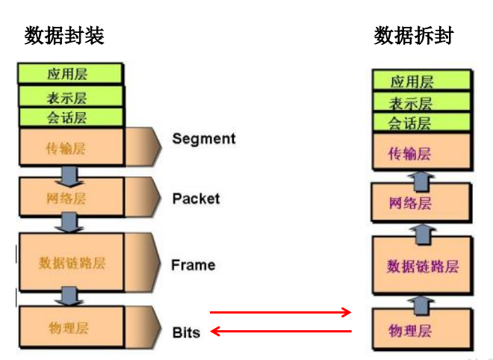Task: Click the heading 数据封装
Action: pos(64,35)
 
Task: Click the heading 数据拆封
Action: pos(414,35)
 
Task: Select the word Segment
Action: pos(203,139)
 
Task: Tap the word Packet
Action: pos(196,199)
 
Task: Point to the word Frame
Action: pos(193,265)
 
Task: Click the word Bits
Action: pos(186,332)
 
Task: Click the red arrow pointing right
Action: pos(280,312)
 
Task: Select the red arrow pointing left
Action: pos(280,330)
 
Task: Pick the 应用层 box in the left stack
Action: pos(69,73)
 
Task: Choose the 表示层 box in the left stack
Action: pos(69,96)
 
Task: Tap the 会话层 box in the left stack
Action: pos(69,117)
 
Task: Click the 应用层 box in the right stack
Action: pos(421,81)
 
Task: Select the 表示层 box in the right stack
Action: pos(421,102)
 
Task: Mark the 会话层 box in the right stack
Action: pos(421,122)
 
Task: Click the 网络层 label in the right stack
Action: pos(410,202)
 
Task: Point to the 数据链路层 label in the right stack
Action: pos(422,267)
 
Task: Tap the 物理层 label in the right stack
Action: pos(410,329)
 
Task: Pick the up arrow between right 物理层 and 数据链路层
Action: pos(422,302)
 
